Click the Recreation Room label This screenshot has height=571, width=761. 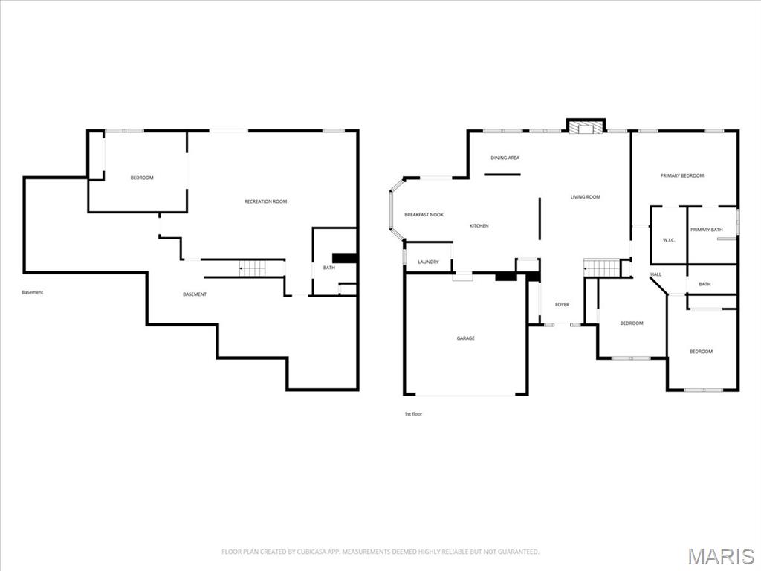pos(265,201)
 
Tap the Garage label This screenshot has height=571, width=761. pos(465,338)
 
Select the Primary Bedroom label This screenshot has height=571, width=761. pos(681,175)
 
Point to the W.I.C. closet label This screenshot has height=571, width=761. pos(667,239)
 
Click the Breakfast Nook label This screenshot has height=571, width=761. pos(424,215)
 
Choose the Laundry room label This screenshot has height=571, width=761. pos(428,262)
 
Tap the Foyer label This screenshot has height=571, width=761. pos(562,304)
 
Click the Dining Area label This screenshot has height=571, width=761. pos(505,158)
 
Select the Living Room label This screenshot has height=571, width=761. pos(585,197)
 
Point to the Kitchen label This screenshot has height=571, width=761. pos(479,226)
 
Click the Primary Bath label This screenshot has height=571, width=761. pos(706,230)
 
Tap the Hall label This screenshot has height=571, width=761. pos(655,274)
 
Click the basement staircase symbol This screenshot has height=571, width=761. pos(250,268)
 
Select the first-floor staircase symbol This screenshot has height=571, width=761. pos(600,268)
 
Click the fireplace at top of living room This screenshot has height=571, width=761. pos(586,127)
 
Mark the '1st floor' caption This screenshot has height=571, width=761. pos(412,413)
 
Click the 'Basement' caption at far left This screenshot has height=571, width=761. pos(32,292)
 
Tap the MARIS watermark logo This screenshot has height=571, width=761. pos(721,556)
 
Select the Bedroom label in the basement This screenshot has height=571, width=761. pos(142,178)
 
